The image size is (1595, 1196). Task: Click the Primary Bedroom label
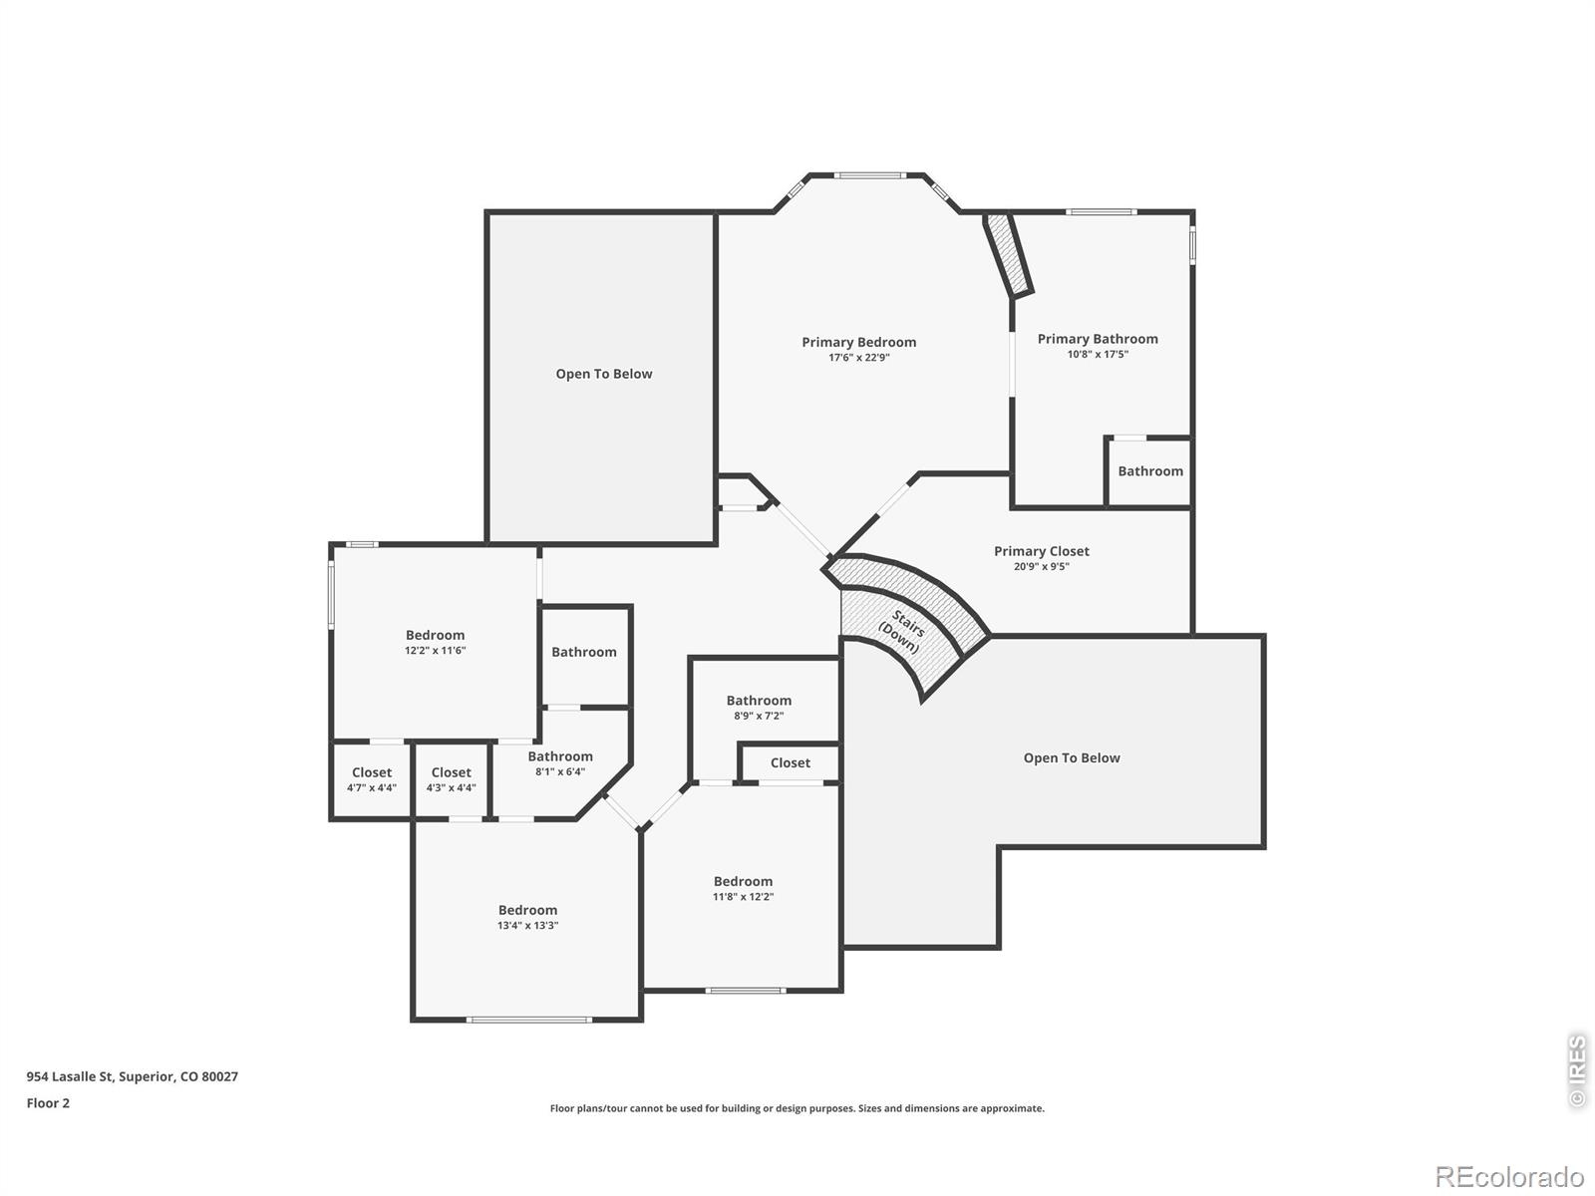[x=859, y=342]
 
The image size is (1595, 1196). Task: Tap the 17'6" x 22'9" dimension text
[x=859, y=357]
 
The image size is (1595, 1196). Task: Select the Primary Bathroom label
[x=1098, y=339]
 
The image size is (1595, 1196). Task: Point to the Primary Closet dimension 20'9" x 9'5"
[x=1042, y=566]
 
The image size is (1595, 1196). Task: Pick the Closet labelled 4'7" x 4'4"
[x=371, y=779]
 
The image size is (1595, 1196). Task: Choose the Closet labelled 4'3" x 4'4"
[x=452, y=779]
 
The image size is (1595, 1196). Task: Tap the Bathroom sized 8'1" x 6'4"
[x=560, y=763]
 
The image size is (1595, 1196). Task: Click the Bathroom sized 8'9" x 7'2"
[x=759, y=708]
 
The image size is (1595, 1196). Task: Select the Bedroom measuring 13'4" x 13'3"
[x=527, y=916]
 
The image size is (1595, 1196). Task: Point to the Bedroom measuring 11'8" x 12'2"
[x=743, y=888]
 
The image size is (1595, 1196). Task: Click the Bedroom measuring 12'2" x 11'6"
[x=436, y=642]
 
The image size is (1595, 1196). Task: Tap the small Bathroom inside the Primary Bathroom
[x=1150, y=471]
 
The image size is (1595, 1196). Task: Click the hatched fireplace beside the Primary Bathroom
[x=1008, y=254]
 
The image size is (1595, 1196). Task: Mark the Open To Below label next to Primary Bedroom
[x=604, y=374]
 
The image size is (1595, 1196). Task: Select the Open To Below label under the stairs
[x=1072, y=758]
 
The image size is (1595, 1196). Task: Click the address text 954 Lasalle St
[x=70, y=1077]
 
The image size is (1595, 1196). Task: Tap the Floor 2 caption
[x=48, y=1103]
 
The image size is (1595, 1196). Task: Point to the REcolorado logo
[x=1508, y=1176]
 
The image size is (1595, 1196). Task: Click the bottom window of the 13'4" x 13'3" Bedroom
[x=528, y=1020]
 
